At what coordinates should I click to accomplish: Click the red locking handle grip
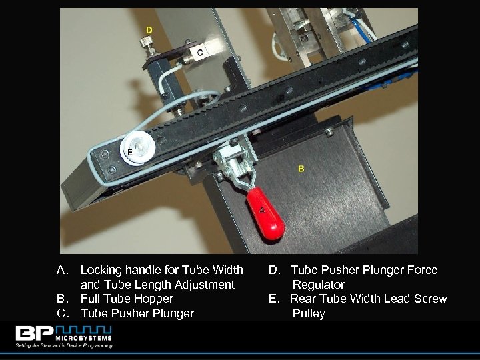(x=265, y=213)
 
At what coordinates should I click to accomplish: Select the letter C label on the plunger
(x=200, y=52)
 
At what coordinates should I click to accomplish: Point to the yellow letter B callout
(x=301, y=169)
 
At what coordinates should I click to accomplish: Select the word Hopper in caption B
(x=152, y=299)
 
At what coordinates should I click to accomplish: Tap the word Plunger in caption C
(x=172, y=313)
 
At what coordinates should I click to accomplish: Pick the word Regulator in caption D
(x=319, y=285)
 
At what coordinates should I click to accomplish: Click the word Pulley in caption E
(x=308, y=313)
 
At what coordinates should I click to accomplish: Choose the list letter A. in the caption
(x=63, y=270)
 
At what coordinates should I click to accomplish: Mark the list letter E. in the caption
(x=274, y=299)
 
